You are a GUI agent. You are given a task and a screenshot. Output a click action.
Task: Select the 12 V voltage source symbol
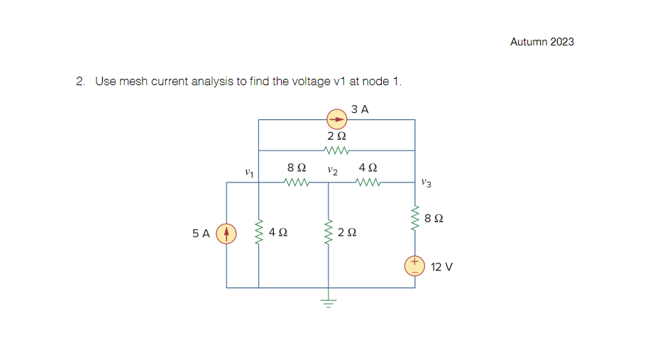point(414,266)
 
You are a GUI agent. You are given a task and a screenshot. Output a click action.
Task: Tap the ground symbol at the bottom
point(328,300)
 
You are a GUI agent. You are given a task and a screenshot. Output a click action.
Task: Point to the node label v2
point(332,170)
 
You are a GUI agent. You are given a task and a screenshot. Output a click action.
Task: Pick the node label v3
point(425,182)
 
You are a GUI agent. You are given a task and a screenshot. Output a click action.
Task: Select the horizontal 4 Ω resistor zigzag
point(369,182)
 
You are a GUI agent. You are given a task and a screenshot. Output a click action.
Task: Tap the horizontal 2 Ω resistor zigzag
point(336,151)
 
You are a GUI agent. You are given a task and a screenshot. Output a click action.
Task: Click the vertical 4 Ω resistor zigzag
point(258,231)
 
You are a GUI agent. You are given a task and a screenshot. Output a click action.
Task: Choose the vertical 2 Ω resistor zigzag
point(328,231)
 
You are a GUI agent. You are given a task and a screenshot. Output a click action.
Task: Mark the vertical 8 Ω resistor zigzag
point(415,217)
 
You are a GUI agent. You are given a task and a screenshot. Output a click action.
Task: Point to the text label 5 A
point(201,233)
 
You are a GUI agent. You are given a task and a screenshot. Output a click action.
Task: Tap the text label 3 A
point(360,109)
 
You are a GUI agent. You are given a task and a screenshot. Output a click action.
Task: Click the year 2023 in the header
point(562,42)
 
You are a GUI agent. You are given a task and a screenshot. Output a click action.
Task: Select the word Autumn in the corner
point(529,42)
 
